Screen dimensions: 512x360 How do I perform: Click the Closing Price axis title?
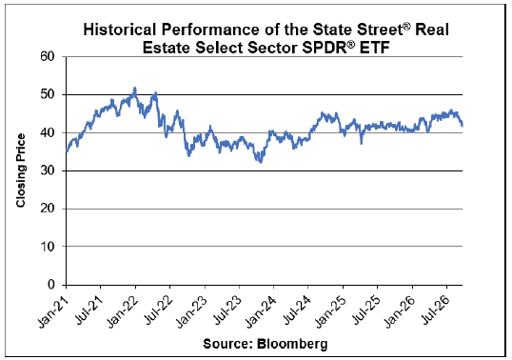pos(20,170)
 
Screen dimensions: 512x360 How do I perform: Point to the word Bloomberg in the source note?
pos(291,344)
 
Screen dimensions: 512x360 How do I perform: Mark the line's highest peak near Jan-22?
pos(135,88)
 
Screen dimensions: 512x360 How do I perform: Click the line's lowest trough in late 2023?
pos(260,162)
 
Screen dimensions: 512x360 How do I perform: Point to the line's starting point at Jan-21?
pos(67,150)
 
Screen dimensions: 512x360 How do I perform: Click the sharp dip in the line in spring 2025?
pos(361,143)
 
